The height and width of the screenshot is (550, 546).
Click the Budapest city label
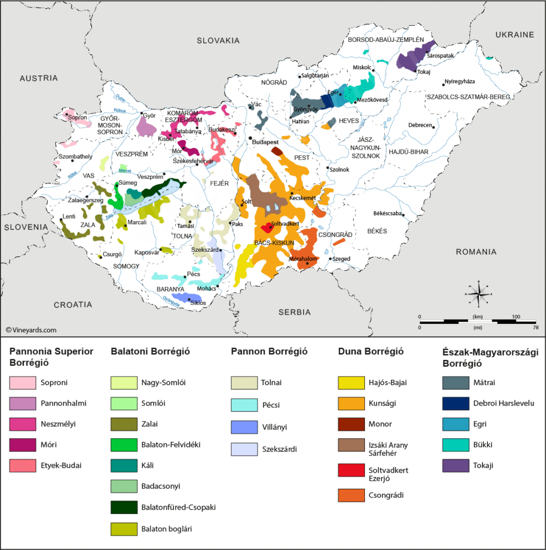click(x=265, y=142)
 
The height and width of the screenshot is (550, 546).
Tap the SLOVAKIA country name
click(x=218, y=40)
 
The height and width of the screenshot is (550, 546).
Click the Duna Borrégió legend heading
click(x=371, y=352)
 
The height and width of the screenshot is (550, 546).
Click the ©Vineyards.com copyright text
click(x=31, y=330)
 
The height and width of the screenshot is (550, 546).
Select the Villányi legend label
click(x=275, y=428)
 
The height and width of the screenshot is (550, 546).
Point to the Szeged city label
click(x=341, y=258)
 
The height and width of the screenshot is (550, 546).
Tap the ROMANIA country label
click(x=476, y=251)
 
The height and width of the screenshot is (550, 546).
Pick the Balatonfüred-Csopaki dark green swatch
click(x=121, y=507)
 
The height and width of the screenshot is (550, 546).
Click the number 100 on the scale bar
click(x=516, y=317)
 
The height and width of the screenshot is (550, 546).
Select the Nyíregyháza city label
click(x=460, y=82)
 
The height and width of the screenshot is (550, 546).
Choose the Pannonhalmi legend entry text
click(x=63, y=403)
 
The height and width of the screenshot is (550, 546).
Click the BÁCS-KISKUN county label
click(x=274, y=243)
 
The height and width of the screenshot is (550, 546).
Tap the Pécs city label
click(x=193, y=273)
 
